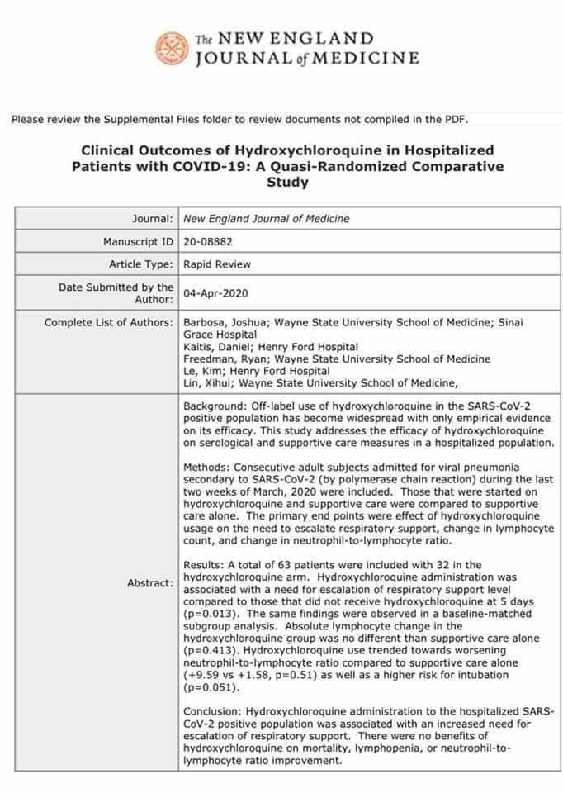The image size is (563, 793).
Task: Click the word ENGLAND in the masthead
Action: tap(324, 39)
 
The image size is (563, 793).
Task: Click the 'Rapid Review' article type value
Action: tap(217, 264)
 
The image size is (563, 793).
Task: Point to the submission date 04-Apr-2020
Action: tap(216, 292)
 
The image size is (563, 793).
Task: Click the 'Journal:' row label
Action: tap(153, 219)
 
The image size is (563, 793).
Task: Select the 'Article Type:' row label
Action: tap(141, 264)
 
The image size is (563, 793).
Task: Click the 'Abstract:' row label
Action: tap(149, 582)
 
